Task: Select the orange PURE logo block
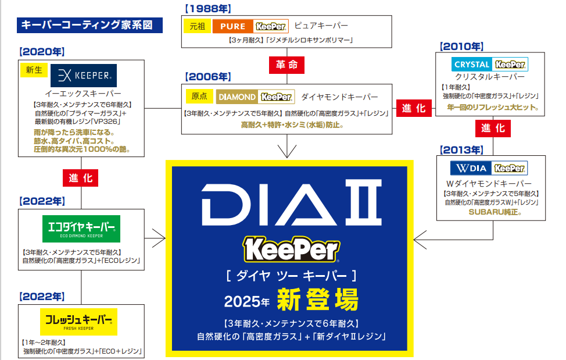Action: click(x=233, y=27)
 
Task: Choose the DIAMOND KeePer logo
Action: click(x=255, y=97)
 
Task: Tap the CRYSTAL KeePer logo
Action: click(x=490, y=64)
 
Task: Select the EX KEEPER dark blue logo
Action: click(x=84, y=76)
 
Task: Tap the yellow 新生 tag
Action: click(x=34, y=70)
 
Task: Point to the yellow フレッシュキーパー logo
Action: click(x=81, y=321)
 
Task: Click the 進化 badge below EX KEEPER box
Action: click(x=81, y=178)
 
